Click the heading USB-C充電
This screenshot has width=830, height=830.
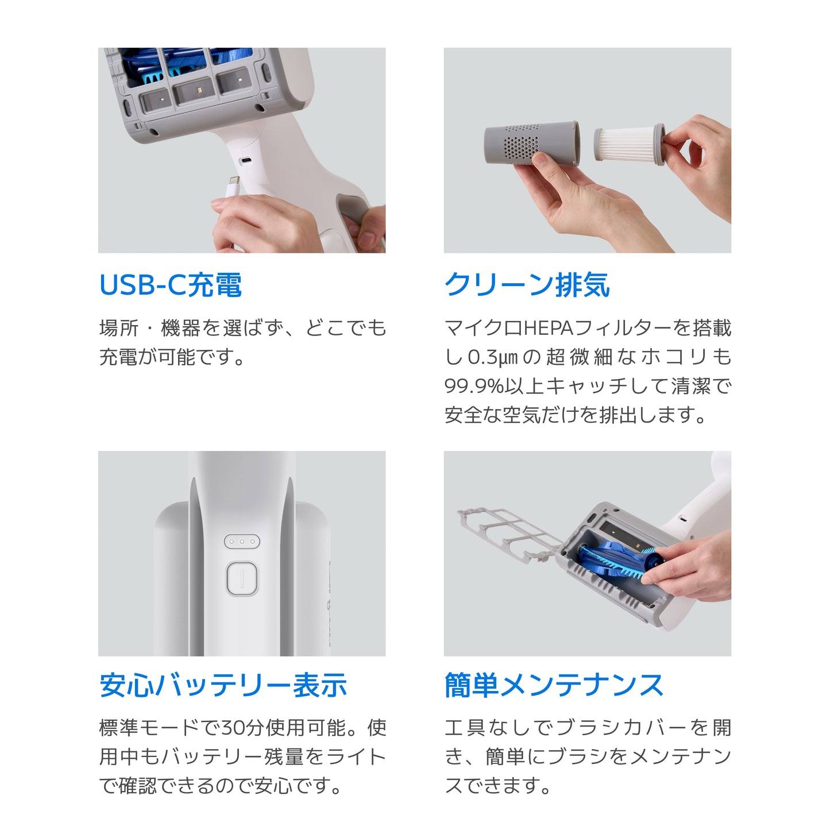[171, 285]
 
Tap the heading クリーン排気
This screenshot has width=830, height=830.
[527, 285]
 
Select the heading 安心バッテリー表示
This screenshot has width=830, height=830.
[223, 685]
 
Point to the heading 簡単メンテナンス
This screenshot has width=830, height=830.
[554, 685]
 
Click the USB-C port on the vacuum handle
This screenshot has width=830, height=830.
[245, 161]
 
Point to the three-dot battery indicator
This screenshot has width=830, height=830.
[242, 542]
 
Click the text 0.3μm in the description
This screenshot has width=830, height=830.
[493, 357]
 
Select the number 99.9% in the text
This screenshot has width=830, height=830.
[474, 386]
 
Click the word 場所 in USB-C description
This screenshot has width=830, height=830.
[118, 328]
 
